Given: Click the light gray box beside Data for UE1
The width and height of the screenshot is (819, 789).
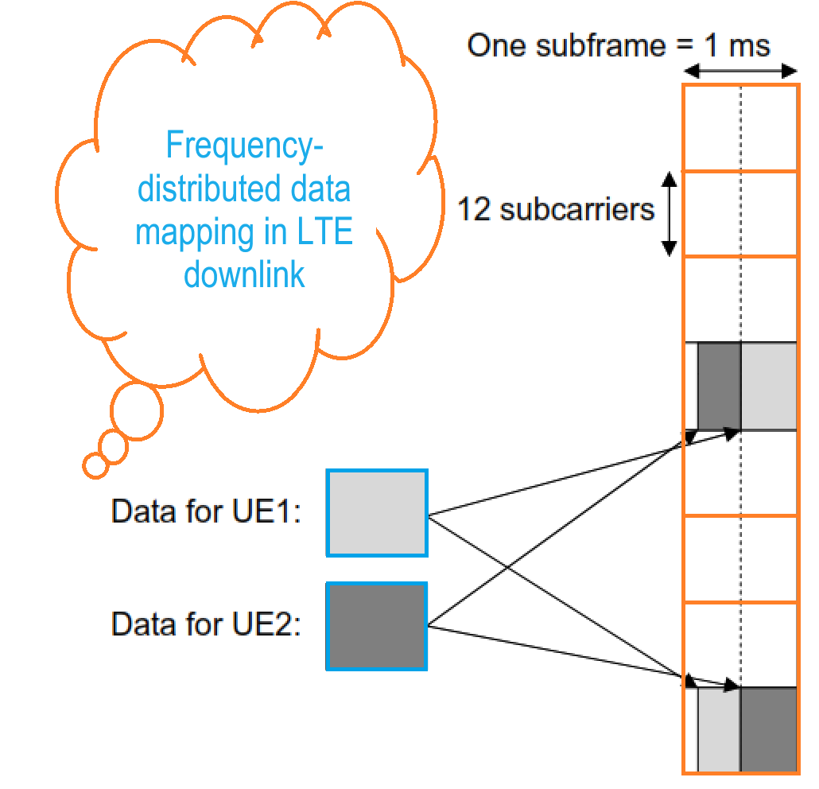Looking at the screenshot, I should click(x=377, y=513).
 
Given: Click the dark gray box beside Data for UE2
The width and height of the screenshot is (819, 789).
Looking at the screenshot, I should click(x=377, y=626).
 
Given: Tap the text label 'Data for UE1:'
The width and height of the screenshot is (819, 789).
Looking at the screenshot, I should click(x=206, y=511).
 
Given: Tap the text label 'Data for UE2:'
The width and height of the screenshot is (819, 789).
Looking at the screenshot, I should click(x=206, y=625).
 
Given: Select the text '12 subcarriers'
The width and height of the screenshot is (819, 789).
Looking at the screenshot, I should click(x=556, y=209).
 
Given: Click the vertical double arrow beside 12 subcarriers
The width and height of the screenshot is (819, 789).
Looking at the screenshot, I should click(x=670, y=213).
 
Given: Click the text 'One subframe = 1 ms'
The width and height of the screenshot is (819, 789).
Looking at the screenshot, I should click(x=618, y=45).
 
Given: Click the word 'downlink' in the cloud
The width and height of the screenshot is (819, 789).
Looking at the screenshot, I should click(x=244, y=274).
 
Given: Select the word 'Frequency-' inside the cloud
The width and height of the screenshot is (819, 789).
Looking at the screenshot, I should click(x=246, y=147).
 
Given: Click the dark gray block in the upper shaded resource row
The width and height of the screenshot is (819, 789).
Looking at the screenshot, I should click(x=719, y=387).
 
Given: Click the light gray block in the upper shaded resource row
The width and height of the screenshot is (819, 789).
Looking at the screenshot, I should click(x=768, y=387).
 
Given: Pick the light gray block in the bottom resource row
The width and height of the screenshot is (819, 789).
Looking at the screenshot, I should click(x=719, y=730).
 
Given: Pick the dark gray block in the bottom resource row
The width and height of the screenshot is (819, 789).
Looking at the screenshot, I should click(x=768, y=730).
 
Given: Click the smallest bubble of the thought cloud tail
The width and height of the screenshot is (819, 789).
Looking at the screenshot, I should click(x=95, y=465).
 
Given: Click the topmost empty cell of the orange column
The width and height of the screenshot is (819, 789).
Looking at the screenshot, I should click(x=740, y=127).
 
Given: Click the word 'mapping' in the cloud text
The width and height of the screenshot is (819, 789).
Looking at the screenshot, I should click(x=188, y=233).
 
